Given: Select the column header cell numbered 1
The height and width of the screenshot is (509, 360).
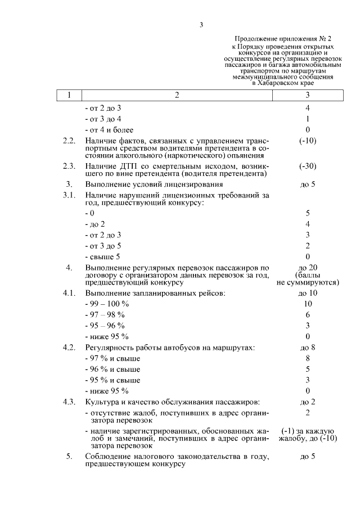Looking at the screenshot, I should pos(69,94).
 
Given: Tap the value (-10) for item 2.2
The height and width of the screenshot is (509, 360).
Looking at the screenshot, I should pos(308,141).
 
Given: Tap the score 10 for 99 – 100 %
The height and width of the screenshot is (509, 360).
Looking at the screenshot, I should pos(308,304).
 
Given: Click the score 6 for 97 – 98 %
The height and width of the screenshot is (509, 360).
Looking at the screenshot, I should pos(308,314).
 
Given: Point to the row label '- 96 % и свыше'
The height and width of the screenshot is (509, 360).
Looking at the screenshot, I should pos(112,369).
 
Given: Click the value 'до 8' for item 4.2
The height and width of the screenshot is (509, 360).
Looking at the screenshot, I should pos(308,348).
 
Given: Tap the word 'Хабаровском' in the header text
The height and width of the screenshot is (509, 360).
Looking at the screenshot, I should pos(282,83).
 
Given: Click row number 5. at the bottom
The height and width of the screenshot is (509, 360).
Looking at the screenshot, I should pos(69,456).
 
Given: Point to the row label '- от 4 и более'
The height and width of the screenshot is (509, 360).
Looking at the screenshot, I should pos(109,129).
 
